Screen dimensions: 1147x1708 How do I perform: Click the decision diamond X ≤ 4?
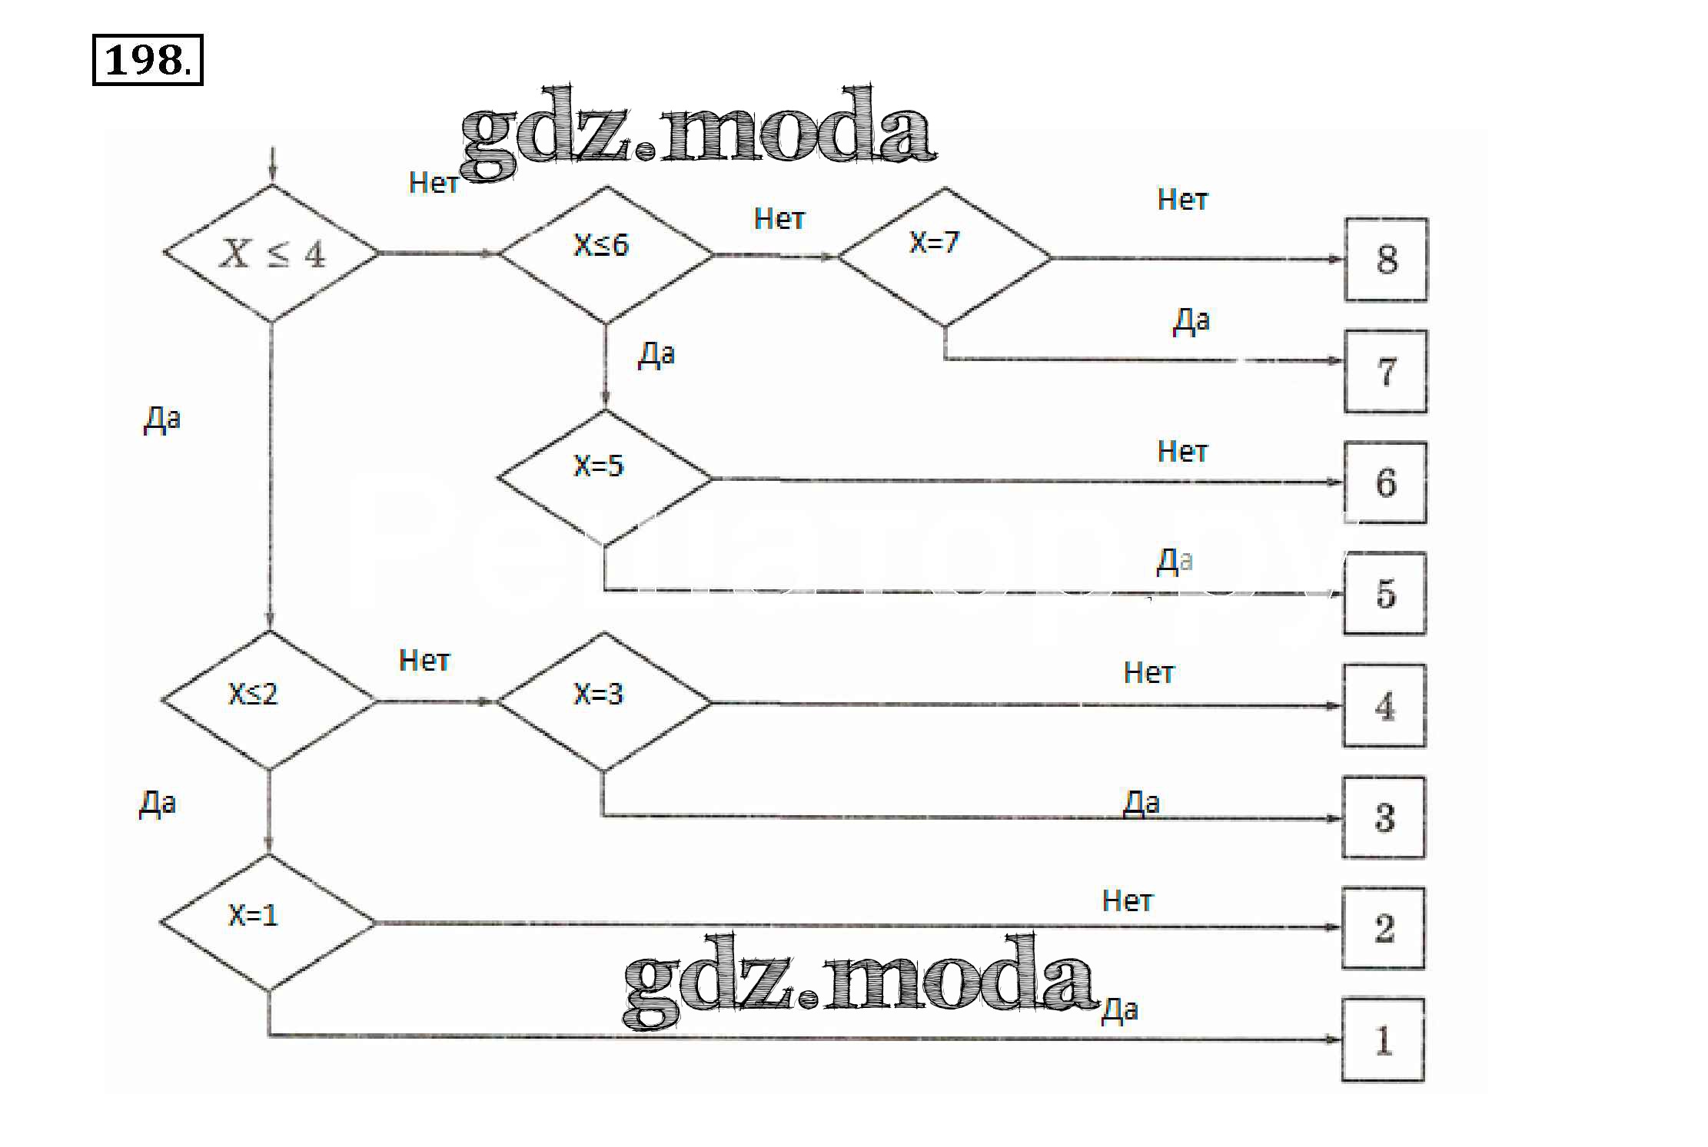tap(271, 254)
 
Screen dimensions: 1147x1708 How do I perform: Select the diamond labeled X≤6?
tap(606, 254)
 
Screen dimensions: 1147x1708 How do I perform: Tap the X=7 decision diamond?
tap(944, 257)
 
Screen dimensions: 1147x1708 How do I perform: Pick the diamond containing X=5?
tap(604, 478)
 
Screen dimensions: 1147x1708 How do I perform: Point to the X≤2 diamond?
tap(269, 700)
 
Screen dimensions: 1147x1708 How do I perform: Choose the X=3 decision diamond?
tap(603, 701)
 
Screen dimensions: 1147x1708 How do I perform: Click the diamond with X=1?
tap(268, 922)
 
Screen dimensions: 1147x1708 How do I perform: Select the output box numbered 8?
tap(1386, 260)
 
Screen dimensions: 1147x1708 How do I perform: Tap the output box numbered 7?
tap(1385, 372)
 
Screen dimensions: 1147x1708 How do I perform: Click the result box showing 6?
tap(1385, 482)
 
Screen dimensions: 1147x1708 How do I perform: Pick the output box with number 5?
tap(1384, 593)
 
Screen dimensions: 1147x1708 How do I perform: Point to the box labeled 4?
tap(1384, 705)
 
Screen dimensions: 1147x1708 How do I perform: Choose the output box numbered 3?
tap(1384, 817)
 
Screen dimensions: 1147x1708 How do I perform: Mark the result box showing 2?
tap(1383, 928)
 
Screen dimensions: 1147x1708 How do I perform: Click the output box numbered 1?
tap(1383, 1040)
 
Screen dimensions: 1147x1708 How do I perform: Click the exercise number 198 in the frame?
tap(148, 60)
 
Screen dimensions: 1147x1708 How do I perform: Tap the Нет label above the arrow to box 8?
tap(1182, 200)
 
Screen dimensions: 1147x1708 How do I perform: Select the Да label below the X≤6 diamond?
tap(656, 355)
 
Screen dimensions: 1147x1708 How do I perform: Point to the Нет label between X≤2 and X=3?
tap(424, 661)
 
